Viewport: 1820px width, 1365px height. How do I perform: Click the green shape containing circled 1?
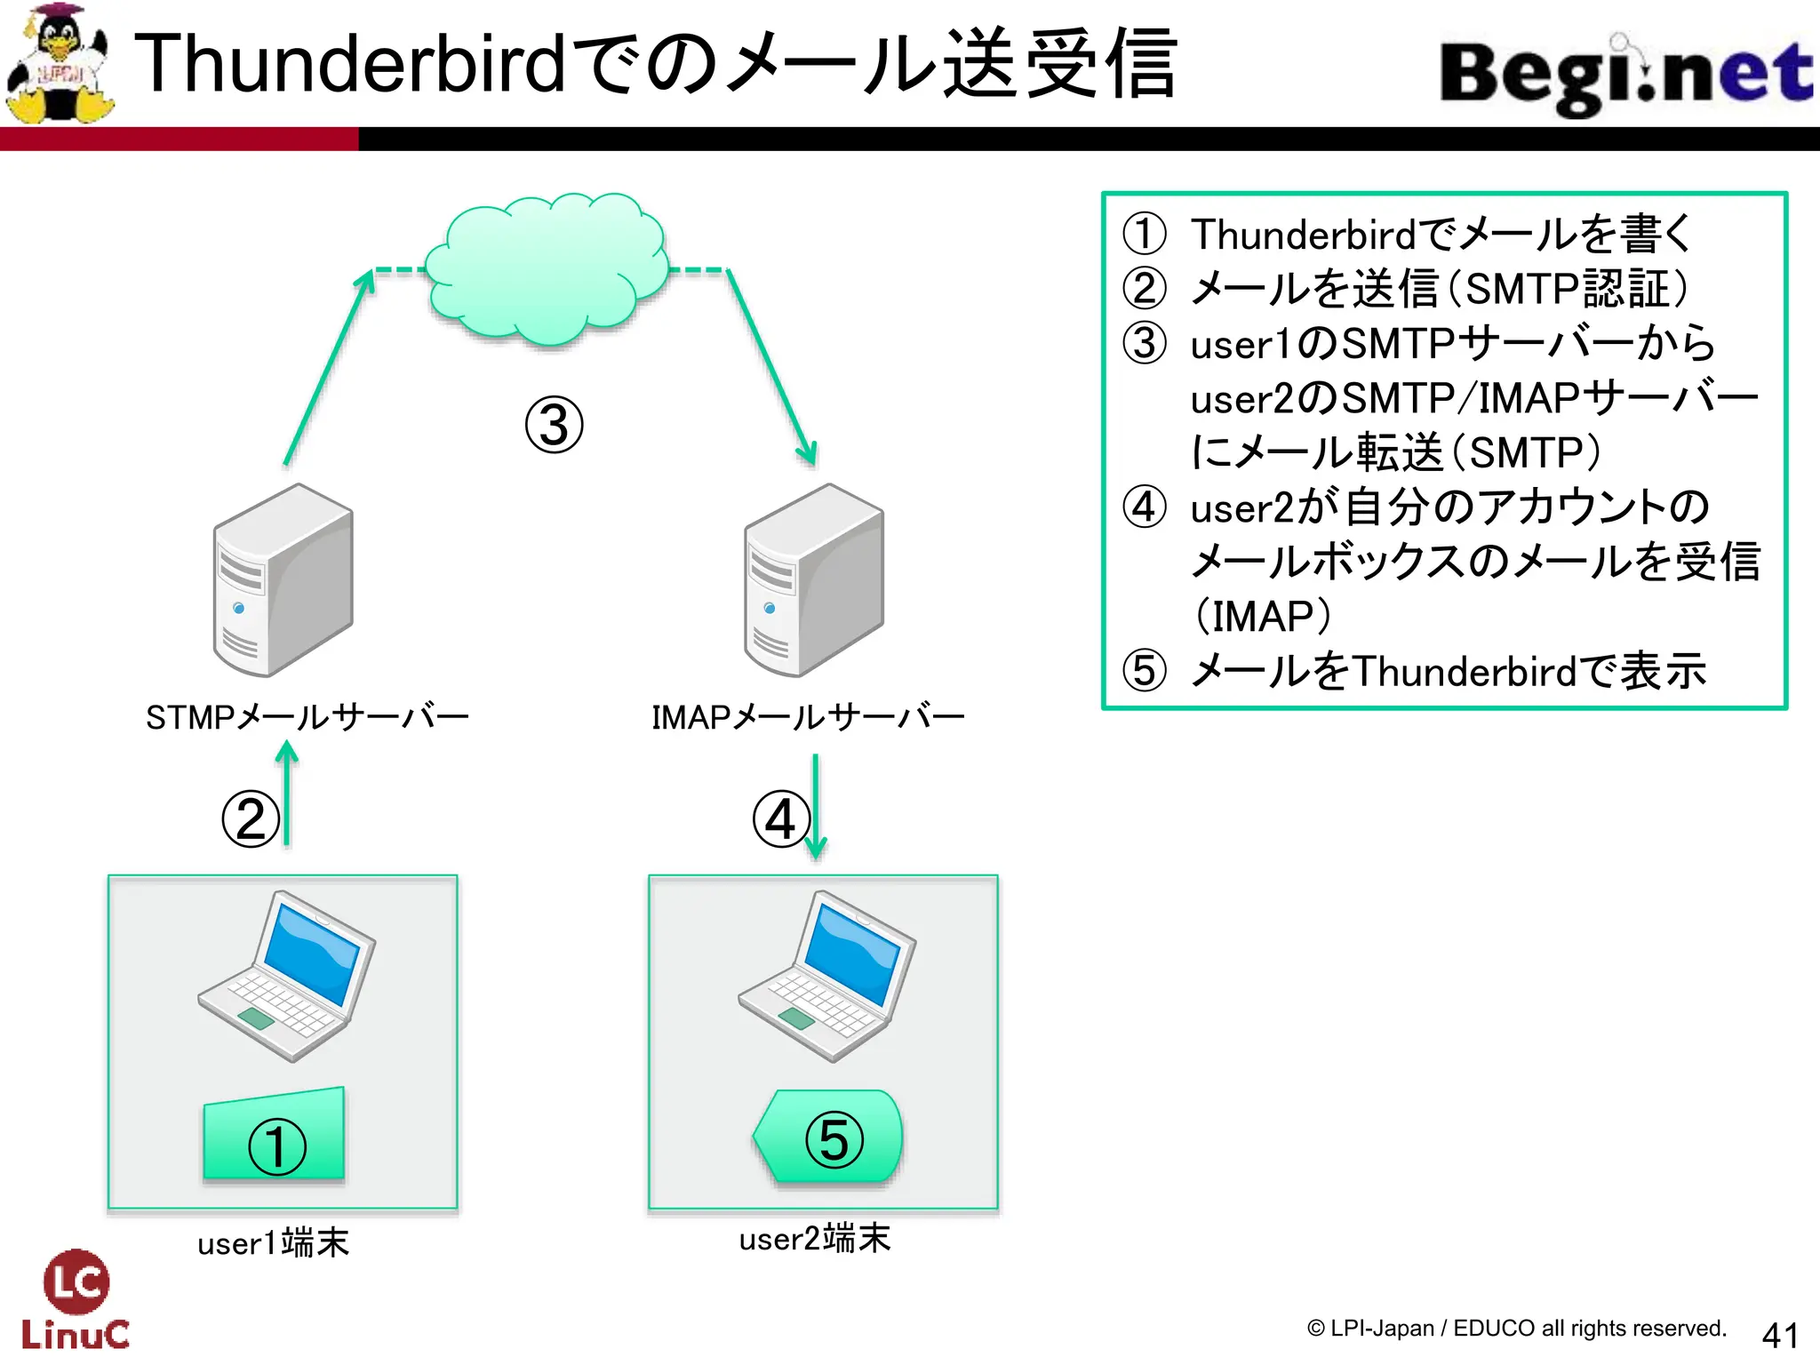[275, 1136]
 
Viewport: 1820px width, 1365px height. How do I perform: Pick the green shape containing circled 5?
[829, 1137]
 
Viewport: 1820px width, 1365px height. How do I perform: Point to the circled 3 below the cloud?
[554, 424]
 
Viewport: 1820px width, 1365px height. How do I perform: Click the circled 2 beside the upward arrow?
[251, 818]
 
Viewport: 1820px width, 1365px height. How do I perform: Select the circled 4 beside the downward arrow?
[781, 818]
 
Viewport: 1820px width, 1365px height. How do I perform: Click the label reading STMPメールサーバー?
[307, 717]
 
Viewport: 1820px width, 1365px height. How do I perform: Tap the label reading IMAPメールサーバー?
[808, 717]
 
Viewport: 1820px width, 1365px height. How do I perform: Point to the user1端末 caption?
[274, 1242]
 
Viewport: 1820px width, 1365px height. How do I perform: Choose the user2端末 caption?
[814, 1238]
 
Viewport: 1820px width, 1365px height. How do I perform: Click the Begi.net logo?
[1624, 75]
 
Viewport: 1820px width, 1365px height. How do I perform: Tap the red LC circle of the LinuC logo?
[76, 1281]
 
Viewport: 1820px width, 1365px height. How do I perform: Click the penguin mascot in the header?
[59, 64]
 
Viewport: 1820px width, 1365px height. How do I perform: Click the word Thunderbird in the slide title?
[350, 64]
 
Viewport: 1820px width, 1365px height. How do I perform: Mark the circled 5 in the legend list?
[1145, 671]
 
